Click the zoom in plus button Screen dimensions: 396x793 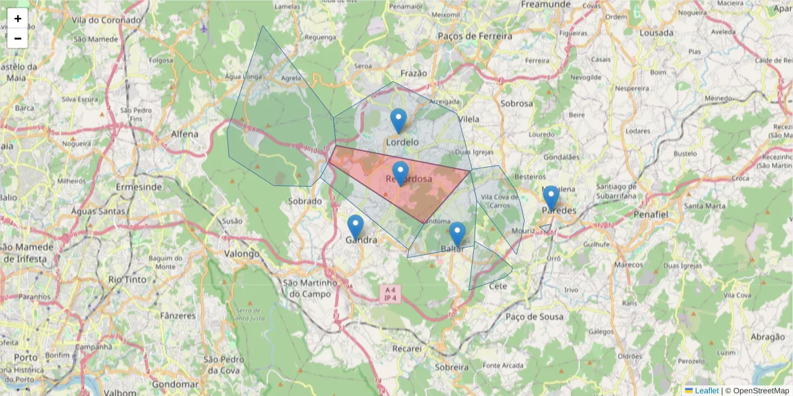coord(18,18)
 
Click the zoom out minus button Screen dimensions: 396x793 coord(18,38)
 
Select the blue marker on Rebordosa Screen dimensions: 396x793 coord(400,174)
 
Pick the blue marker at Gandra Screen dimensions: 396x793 coord(356,227)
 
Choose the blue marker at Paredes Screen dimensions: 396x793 coord(551,198)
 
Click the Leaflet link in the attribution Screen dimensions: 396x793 coord(706,391)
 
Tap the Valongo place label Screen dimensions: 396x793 coord(242,253)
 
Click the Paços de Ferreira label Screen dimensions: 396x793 coord(474,36)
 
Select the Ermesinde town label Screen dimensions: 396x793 coord(139,187)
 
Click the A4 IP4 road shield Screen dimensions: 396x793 coord(390,294)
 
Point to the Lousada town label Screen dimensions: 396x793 coord(657,32)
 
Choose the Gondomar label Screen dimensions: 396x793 coord(175,384)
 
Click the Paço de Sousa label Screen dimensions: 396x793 coord(534,317)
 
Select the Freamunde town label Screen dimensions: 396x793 coord(545,5)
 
